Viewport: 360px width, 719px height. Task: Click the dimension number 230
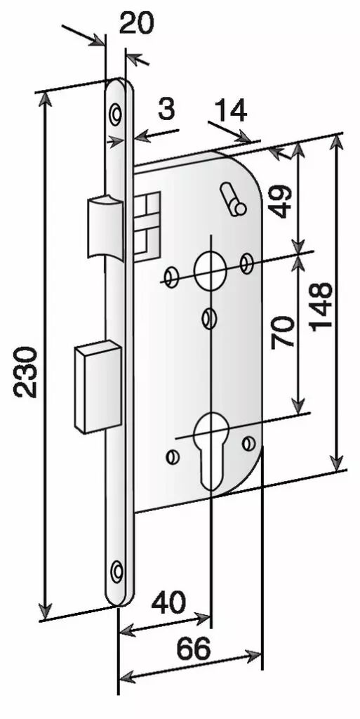click(x=25, y=372)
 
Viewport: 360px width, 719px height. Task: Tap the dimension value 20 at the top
click(x=136, y=23)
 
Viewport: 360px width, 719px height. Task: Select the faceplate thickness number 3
click(x=166, y=110)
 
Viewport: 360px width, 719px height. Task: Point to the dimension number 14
click(x=230, y=111)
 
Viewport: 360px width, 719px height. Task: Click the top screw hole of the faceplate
click(x=116, y=112)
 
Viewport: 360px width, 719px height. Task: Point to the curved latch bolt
click(x=105, y=227)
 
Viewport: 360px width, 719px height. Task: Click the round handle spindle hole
click(x=211, y=270)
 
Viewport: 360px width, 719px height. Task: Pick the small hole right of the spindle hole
click(x=248, y=263)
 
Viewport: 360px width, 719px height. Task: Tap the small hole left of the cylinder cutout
click(x=173, y=456)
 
